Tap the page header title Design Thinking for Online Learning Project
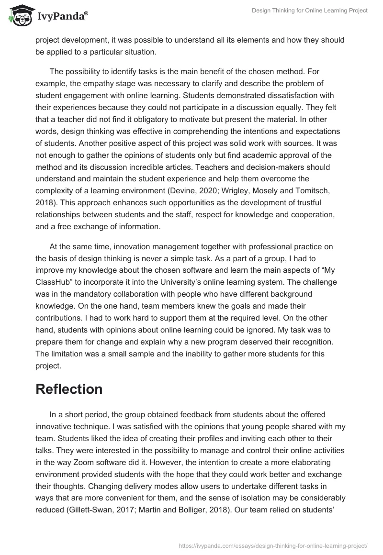point(310,11)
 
